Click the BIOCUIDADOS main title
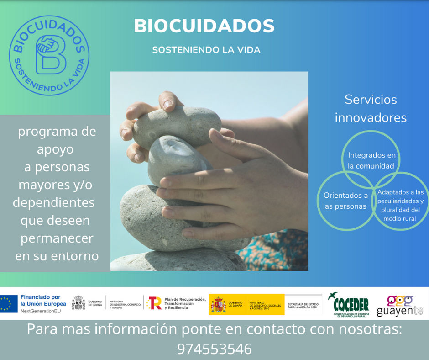tap(204, 26)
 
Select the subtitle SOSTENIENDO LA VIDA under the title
tap(206, 50)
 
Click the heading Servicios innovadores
tap(371, 108)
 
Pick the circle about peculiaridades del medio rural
tap(400, 205)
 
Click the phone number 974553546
tap(214, 349)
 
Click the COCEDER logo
tap(351, 304)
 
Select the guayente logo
tap(400, 305)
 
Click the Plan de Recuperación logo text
tap(184, 303)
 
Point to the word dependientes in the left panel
tap(53, 202)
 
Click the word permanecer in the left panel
tap(57, 238)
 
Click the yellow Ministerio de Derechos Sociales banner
tap(246, 304)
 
